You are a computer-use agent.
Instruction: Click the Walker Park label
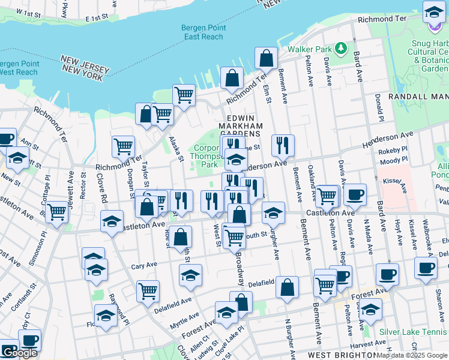pos(309,49)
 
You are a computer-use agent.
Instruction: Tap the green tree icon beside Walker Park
pos(341,47)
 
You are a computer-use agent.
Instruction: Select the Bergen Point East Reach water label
pos(202,32)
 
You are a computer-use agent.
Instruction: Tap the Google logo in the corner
pos(19,353)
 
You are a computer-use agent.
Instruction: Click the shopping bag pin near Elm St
pos(266,58)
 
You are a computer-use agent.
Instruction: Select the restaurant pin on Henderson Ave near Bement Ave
pos(282,145)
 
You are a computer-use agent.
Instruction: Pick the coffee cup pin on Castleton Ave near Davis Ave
pos(354,194)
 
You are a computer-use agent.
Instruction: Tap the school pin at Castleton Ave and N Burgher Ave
pos(273,212)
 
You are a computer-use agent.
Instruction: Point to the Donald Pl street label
pos(379,105)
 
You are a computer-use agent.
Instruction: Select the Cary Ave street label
pos(143,264)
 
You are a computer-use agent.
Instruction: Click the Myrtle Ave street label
pos(185,319)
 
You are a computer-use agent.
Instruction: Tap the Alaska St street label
pos(175,148)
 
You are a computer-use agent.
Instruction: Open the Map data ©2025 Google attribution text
pos(412,356)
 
